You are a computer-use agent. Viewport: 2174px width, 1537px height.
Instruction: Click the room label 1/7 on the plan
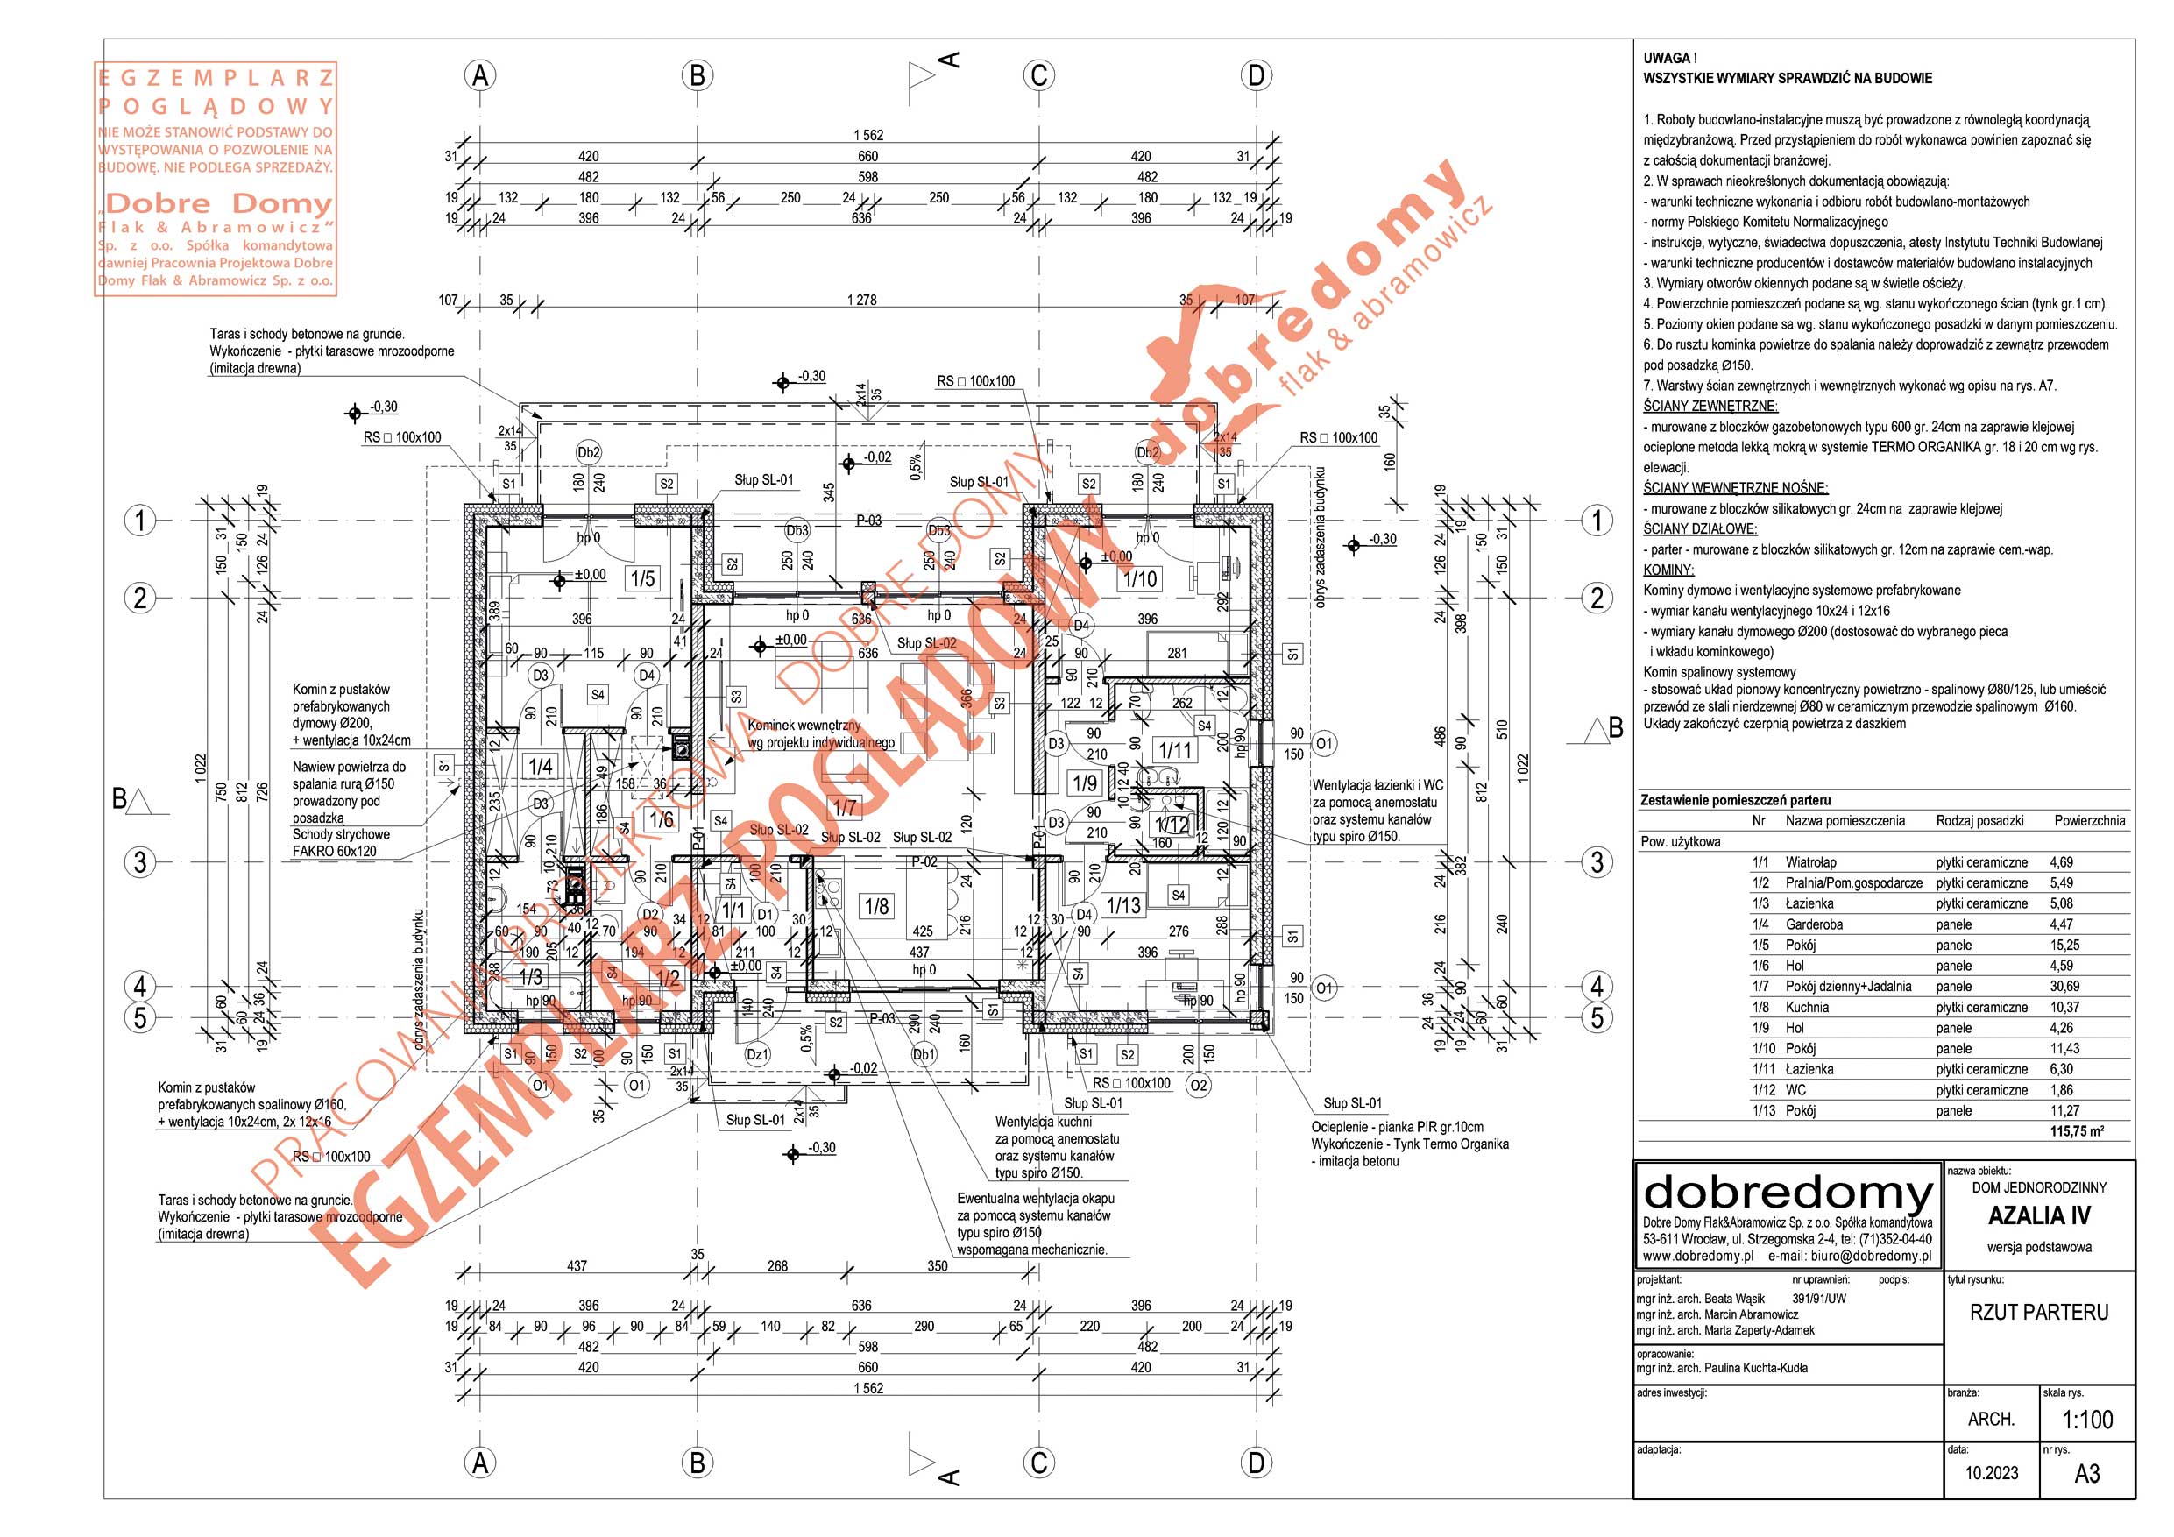(845, 808)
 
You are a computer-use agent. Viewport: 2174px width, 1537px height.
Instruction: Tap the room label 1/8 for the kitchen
(877, 906)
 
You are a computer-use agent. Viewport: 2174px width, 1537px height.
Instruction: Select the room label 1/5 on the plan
(642, 578)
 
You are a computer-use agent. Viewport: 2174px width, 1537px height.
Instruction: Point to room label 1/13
(1124, 905)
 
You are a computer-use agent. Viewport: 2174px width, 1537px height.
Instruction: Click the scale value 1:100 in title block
(2087, 1420)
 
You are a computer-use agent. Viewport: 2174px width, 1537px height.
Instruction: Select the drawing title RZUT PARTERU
(2038, 1313)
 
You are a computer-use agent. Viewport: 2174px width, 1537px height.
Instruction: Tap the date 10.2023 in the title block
(1991, 1474)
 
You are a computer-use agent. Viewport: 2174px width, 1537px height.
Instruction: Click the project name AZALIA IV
(2038, 1216)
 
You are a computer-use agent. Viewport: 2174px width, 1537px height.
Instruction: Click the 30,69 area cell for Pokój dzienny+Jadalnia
(2064, 987)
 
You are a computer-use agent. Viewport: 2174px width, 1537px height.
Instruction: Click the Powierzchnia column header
(2089, 821)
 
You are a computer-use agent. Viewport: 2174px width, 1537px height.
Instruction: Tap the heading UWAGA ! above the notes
(1669, 59)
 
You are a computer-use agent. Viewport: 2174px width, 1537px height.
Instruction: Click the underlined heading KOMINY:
(1668, 570)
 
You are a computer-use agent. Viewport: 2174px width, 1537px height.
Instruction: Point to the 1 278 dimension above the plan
(861, 301)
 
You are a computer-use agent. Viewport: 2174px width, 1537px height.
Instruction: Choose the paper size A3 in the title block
(2087, 1475)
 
